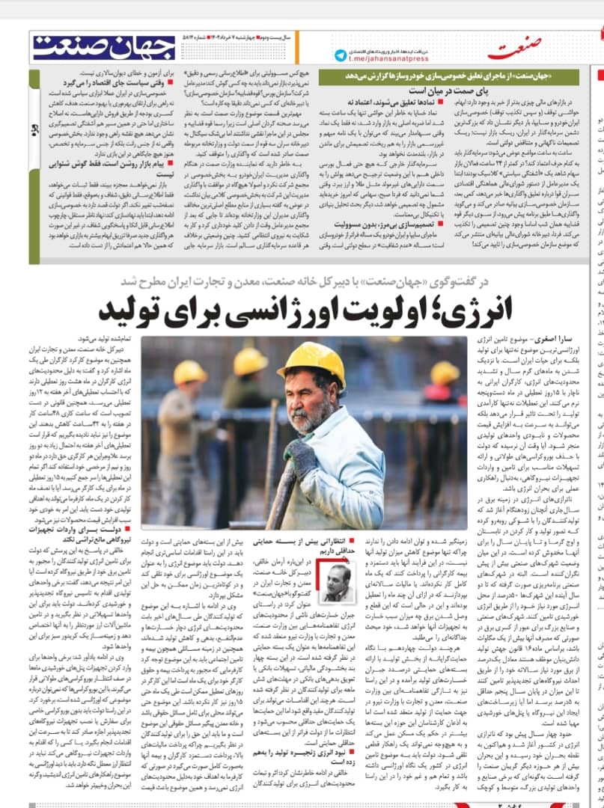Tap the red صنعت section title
[x=516, y=50]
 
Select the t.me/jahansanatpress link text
[x=389, y=55]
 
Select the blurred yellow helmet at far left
[x=191, y=373]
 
